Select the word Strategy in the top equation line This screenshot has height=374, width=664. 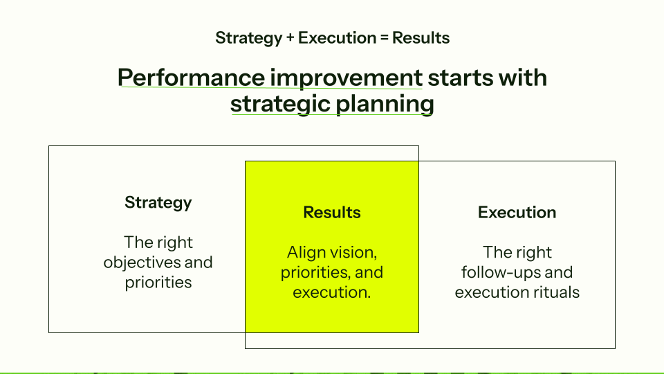coord(248,38)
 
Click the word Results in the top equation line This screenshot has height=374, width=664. coord(421,38)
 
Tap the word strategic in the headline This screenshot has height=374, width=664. coord(279,104)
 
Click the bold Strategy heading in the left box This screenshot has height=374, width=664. coord(158,203)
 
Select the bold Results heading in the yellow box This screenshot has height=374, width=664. coord(332,213)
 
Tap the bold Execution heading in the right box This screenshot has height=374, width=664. coord(517,213)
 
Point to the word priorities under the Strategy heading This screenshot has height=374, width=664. coord(158,283)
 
